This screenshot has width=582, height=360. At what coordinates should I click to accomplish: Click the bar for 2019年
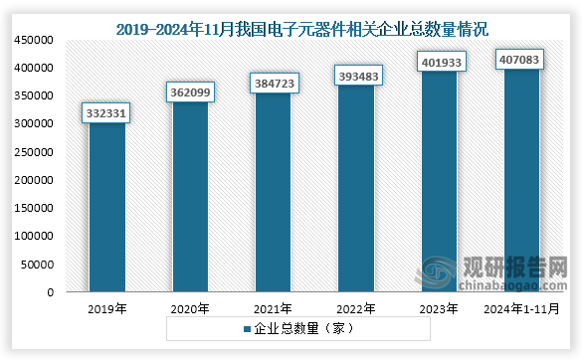click(x=107, y=209)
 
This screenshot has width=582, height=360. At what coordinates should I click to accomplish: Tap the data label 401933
click(x=439, y=67)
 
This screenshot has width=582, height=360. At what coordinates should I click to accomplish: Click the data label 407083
click(x=522, y=61)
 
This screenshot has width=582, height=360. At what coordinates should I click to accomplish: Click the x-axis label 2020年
click(x=190, y=309)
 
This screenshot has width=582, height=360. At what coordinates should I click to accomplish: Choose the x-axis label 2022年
click(x=356, y=309)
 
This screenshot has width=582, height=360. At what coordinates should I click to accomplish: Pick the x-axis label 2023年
click(x=439, y=309)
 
